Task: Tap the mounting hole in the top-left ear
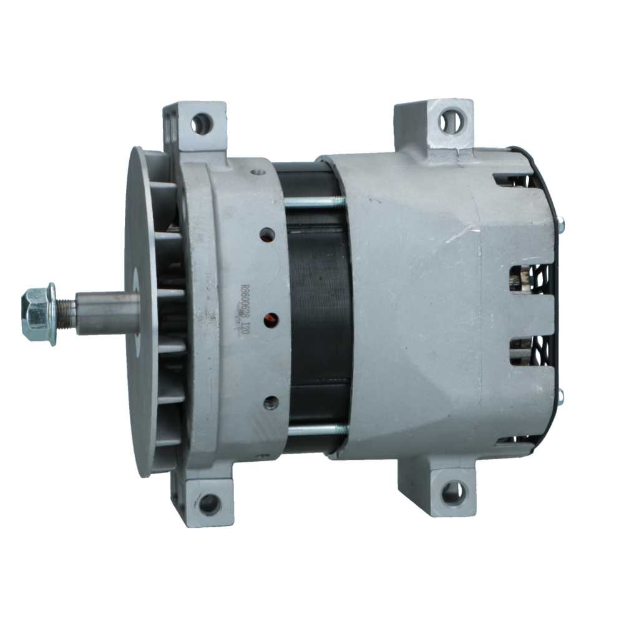pyautogui.click(x=201, y=123)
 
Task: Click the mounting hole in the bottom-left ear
pyautogui.click(x=208, y=503)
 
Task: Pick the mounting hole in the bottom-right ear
pyautogui.click(x=452, y=493)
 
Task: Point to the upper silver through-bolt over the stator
pyautogui.click(x=315, y=202)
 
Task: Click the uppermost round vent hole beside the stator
pyautogui.click(x=267, y=235)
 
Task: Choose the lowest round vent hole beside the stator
pyautogui.click(x=271, y=402)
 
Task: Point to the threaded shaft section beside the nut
pyautogui.click(x=66, y=313)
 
